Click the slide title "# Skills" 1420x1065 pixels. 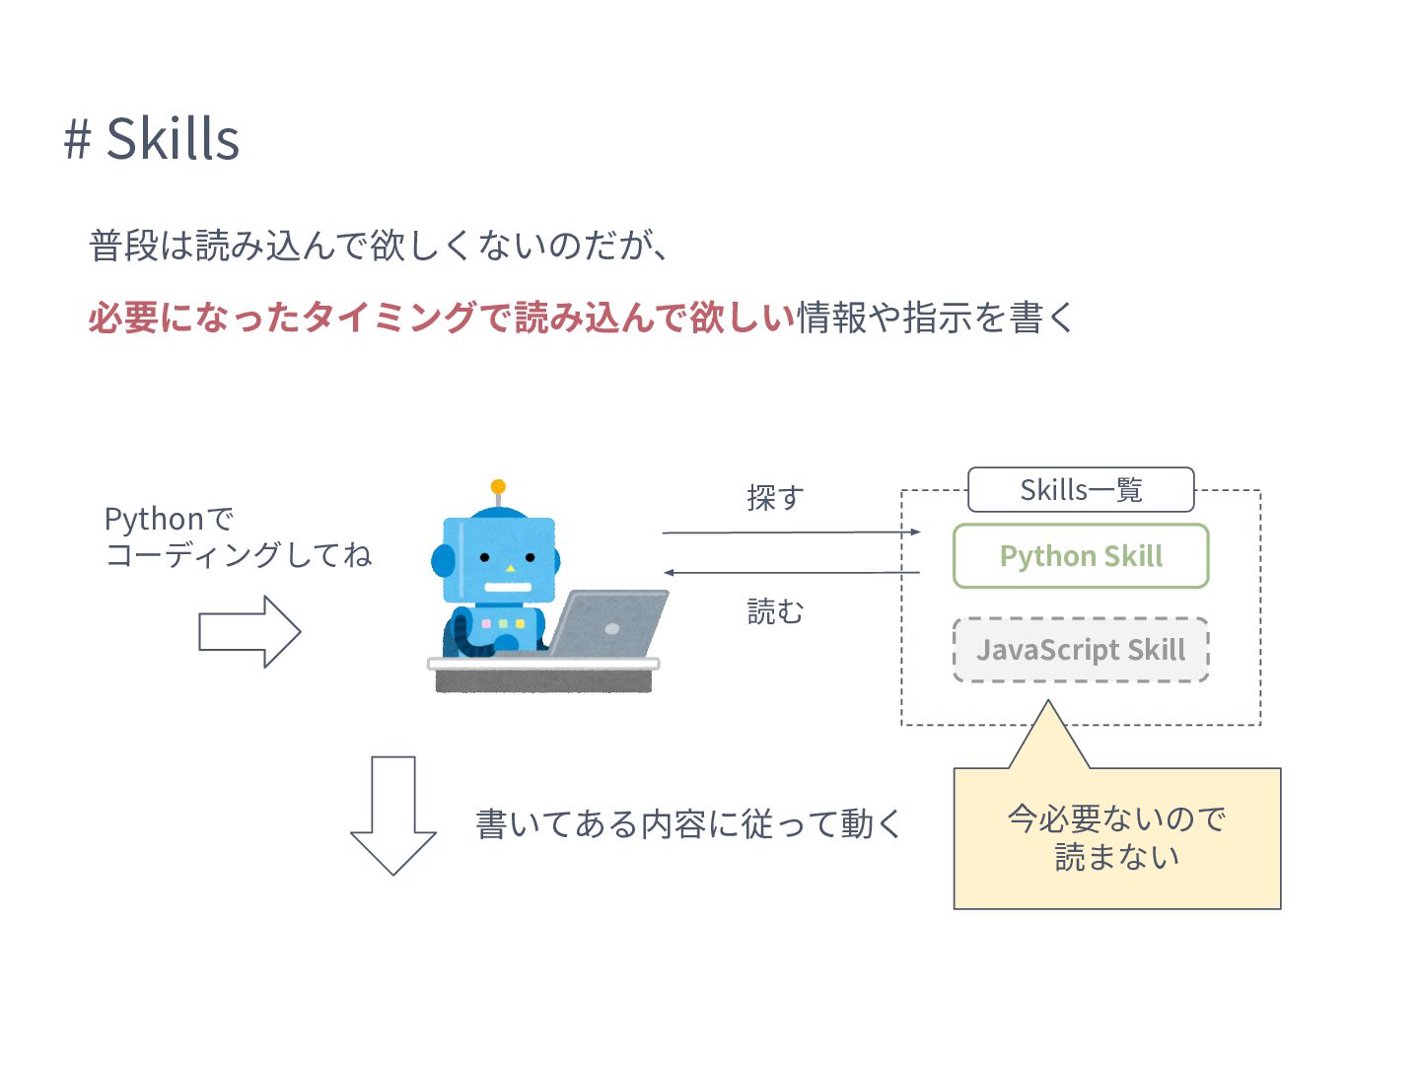pos(152,138)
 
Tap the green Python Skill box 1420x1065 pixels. pos(1081,555)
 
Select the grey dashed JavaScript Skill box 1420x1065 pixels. pos(1081,649)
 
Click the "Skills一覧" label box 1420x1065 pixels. pos(1081,489)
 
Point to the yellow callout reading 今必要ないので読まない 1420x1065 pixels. pos(1116,838)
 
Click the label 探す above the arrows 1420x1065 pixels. pos(776,498)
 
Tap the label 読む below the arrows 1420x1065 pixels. pos(775,611)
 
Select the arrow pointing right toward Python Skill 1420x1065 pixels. pos(791,532)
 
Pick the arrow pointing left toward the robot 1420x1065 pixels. pos(791,572)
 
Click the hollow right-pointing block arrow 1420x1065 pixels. pos(249,632)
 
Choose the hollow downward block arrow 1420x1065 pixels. pos(392,816)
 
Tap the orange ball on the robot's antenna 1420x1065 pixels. pos(497,486)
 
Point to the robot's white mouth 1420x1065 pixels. pos(508,587)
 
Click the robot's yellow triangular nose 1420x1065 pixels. pos(511,568)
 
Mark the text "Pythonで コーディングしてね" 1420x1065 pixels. pos(238,536)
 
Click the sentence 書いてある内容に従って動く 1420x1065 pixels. pos(688,823)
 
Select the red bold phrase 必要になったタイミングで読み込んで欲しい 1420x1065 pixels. pos(442,317)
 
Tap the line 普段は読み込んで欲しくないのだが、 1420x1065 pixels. pos(379,246)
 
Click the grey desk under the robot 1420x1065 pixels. pos(543,674)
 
